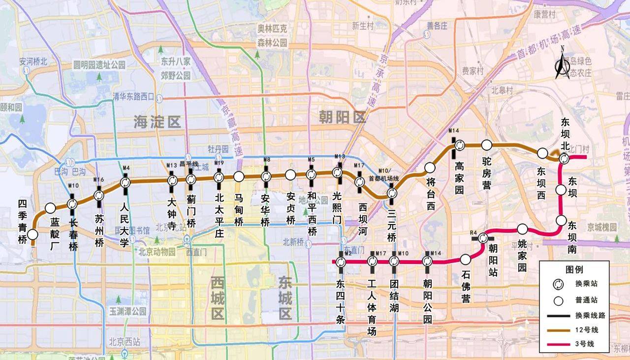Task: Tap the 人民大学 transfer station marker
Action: [125, 183]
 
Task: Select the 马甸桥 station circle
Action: [239, 176]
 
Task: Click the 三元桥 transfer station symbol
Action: [392, 193]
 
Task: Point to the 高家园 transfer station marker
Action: [459, 145]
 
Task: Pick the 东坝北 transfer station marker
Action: [564, 158]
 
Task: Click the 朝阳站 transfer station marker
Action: [483, 238]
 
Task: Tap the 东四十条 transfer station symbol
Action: [341, 262]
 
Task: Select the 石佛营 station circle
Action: [465, 259]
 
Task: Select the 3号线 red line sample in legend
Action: [560, 344]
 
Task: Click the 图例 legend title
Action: [574, 269]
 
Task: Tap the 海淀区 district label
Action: [157, 123]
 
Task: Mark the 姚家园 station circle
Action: [523, 229]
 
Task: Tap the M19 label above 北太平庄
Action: [219, 164]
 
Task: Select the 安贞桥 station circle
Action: [290, 175]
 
